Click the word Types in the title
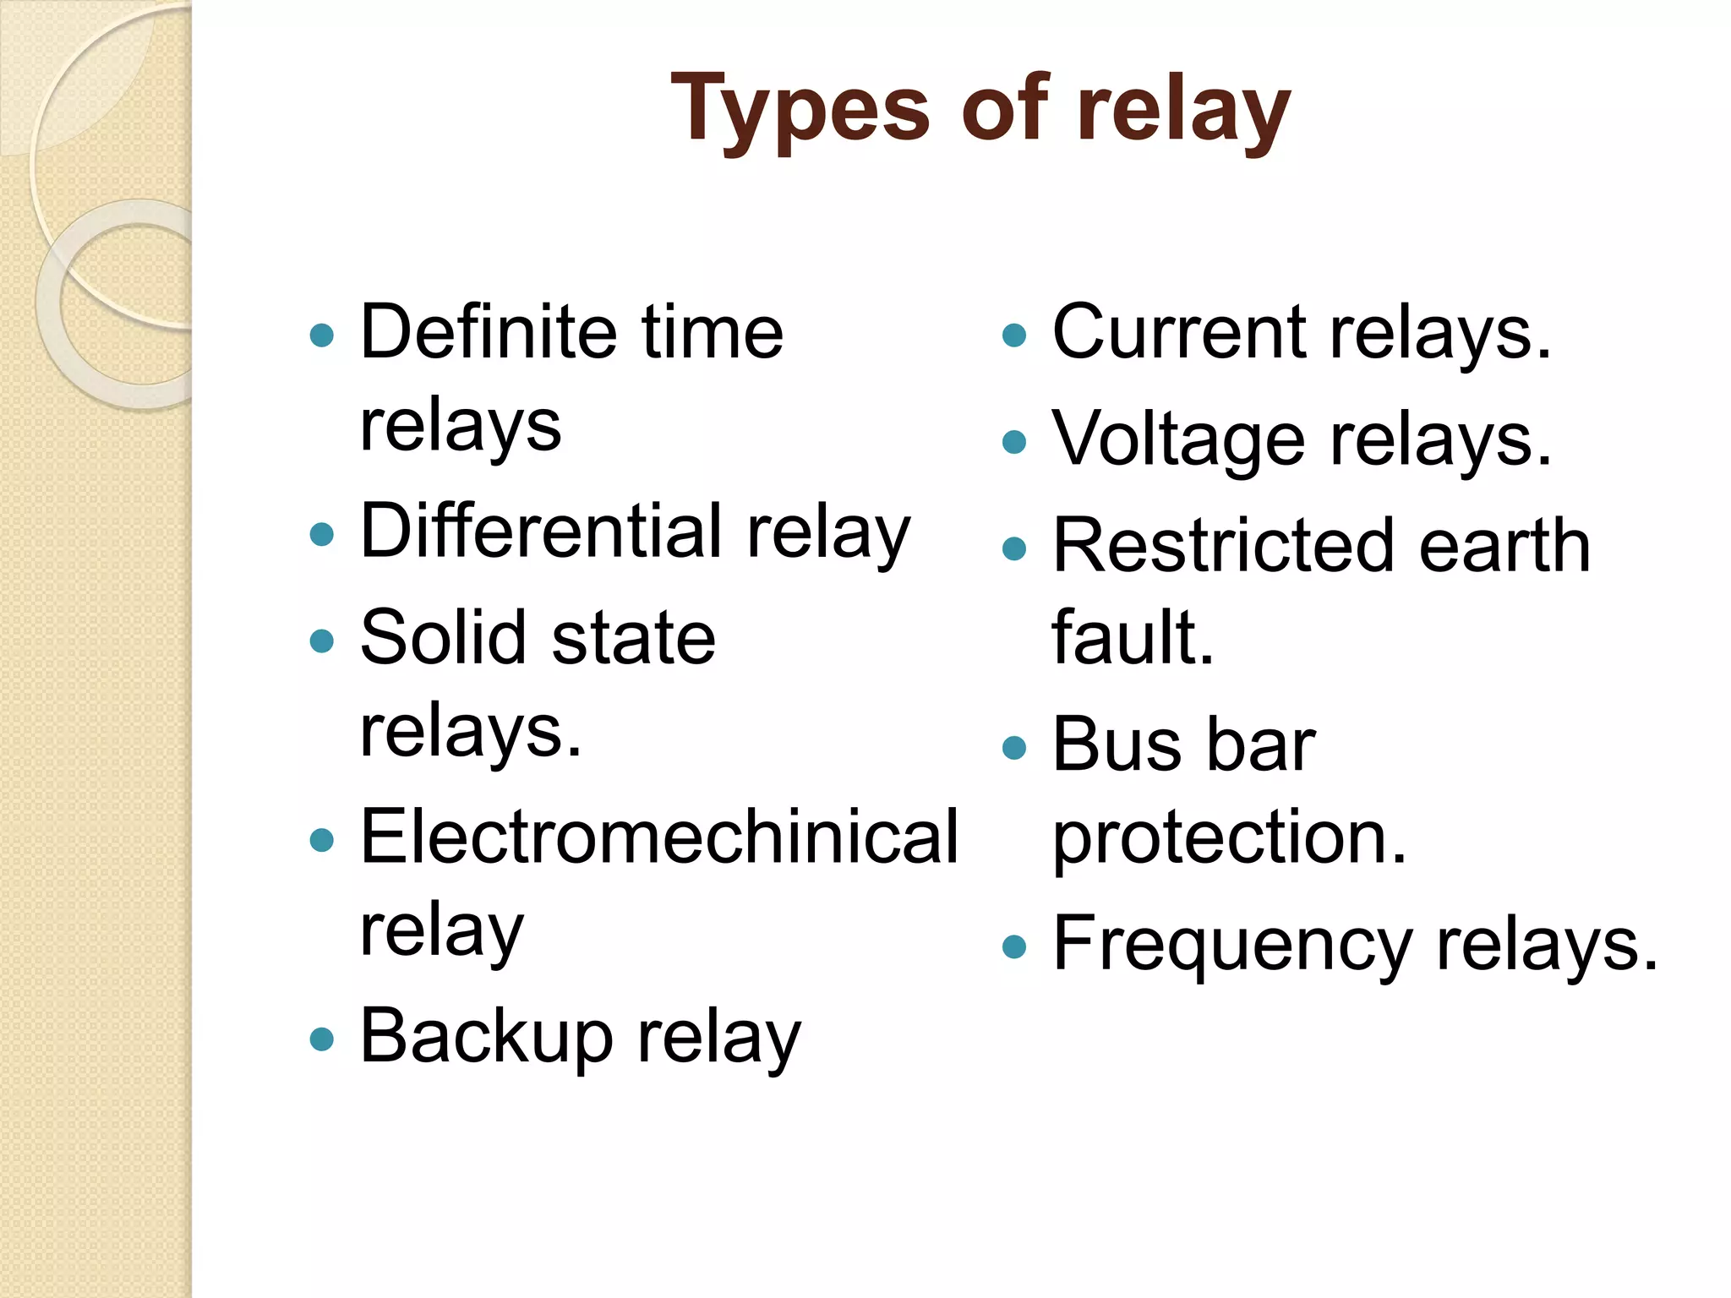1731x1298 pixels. pyautogui.click(x=799, y=110)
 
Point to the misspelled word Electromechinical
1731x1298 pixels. pyautogui.click(x=659, y=837)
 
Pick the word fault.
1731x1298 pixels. pyautogui.click(x=1133, y=638)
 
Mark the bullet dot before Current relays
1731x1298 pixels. pyautogui.click(x=1013, y=335)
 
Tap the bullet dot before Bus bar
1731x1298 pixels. pyautogui.click(x=1013, y=747)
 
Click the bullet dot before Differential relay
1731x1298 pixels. pyautogui.click(x=322, y=534)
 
